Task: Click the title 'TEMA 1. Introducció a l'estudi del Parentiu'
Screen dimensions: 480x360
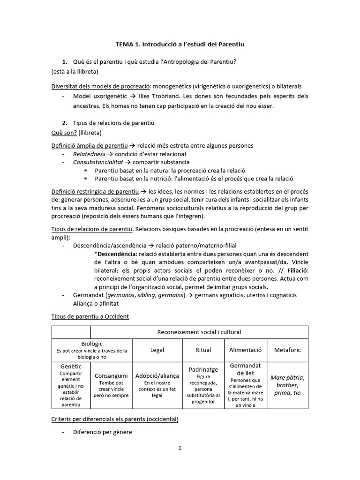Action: [x=180, y=45]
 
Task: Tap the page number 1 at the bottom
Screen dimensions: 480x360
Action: [x=180, y=448]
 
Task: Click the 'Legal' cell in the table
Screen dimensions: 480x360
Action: [x=157, y=350]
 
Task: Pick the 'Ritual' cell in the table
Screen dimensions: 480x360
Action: [x=202, y=350]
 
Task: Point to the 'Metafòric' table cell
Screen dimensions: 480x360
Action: [x=288, y=350]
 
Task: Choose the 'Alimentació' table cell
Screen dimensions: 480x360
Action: [x=245, y=350]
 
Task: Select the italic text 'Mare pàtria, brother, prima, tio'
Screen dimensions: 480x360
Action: [x=288, y=385]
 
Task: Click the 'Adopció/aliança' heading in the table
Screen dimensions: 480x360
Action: [x=157, y=376]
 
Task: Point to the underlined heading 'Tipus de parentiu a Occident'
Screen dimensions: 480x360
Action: [x=90, y=316]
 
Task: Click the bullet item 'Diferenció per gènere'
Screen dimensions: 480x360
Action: [x=102, y=432]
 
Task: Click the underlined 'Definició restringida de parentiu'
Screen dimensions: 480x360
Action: [x=95, y=192]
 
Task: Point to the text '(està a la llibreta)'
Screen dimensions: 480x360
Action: [x=75, y=72]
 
